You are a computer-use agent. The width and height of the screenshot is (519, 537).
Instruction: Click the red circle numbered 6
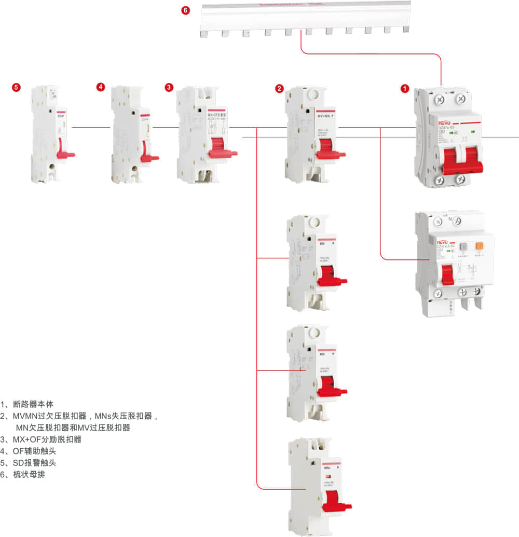(x=186, y=10)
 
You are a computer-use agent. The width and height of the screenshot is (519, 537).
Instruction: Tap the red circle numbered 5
(x=17, y=87)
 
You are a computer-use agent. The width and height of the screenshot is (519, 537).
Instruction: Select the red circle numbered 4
(x=101, y=87)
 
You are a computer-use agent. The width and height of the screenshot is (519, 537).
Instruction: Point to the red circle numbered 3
(x=169, y=87)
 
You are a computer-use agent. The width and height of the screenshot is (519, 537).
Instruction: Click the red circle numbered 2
(x=279, y=89)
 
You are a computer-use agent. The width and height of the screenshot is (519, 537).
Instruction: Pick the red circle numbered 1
(x=405, y=89)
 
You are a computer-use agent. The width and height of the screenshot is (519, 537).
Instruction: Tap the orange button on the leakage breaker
(x=480, y=247)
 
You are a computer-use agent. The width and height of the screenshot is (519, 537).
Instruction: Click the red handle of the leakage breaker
(x=447, y=273)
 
